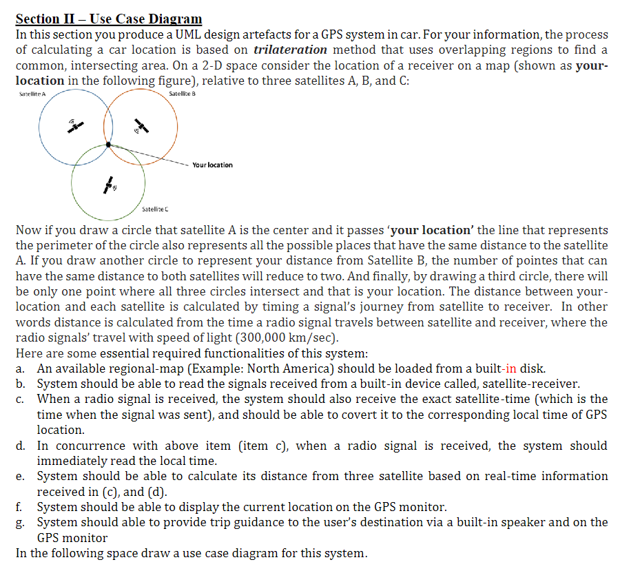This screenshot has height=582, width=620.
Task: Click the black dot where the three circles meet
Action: pos(108,144)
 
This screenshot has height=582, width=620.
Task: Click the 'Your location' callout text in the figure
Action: pos(212,165)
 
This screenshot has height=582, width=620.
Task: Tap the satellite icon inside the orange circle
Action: pos(141,126)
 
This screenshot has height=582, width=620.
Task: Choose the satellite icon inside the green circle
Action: pos(109,184)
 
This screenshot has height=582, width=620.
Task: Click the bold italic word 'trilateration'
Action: pos(290,50)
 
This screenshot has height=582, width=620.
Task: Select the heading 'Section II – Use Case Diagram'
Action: pos(109,19)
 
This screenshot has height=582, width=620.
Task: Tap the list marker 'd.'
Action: pos(21,446)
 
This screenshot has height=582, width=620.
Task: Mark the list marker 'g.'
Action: pos(21,522)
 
